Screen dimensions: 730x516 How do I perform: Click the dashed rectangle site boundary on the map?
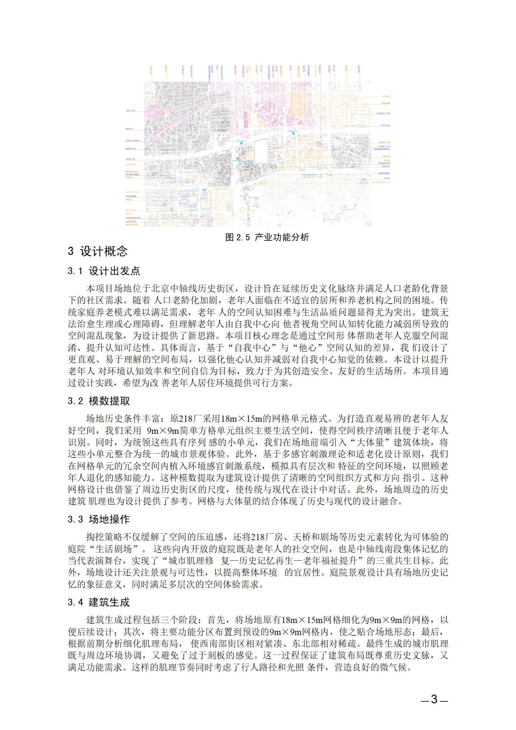click(x=261, y=151)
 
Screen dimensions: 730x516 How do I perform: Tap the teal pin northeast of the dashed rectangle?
click(x=293, y=133)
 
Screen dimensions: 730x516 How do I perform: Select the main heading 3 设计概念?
click(x=98, y=251)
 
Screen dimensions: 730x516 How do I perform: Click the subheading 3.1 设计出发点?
click(x=104, y=271)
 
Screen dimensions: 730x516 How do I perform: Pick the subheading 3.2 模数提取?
click(x=99, y=401)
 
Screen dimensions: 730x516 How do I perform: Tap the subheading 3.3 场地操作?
click(x=99, y=519)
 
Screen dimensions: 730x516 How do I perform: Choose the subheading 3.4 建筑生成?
click(x=99, y=602)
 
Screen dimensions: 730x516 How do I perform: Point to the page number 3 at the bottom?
click(x=434, y=699)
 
